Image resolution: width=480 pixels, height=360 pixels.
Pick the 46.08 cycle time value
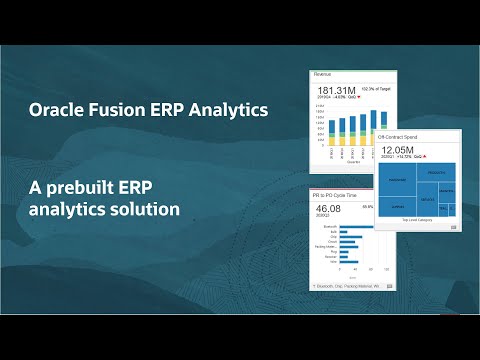tap(327, 208)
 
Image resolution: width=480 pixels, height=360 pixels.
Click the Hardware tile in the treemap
tap(397, 181)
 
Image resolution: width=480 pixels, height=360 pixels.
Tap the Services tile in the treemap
tap(427, 201)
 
